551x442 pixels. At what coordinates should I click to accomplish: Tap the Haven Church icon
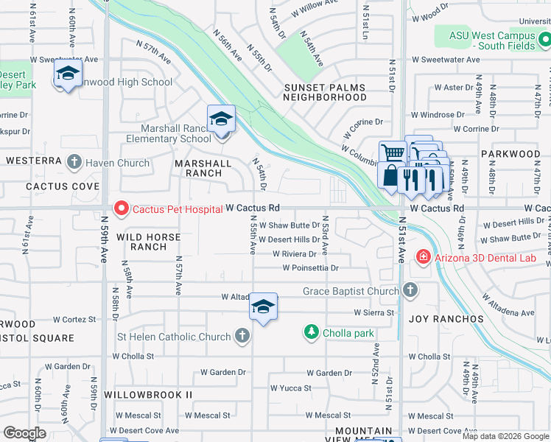point(74,162)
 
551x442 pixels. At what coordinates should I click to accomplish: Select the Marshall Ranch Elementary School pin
point(220,119)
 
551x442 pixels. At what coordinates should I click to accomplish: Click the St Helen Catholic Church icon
point(241,337)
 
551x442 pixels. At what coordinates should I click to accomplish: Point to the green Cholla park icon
point(312,333)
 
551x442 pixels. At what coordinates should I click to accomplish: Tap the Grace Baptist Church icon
point(410,291)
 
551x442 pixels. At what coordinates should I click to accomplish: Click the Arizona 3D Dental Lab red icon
point(423,256)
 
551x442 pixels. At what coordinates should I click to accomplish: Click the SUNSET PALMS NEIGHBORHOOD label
point(325,92)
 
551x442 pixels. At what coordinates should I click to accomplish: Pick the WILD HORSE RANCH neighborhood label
point(144,242)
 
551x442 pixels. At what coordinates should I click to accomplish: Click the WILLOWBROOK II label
point(148,395)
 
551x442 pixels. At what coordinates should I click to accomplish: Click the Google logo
point(24,433)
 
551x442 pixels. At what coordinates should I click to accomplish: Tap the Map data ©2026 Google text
point(506,436)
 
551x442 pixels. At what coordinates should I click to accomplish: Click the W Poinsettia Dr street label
point(310,268)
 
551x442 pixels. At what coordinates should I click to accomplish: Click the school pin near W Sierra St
point(263,307)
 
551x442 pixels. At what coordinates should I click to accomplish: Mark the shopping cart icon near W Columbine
point(392,153)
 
